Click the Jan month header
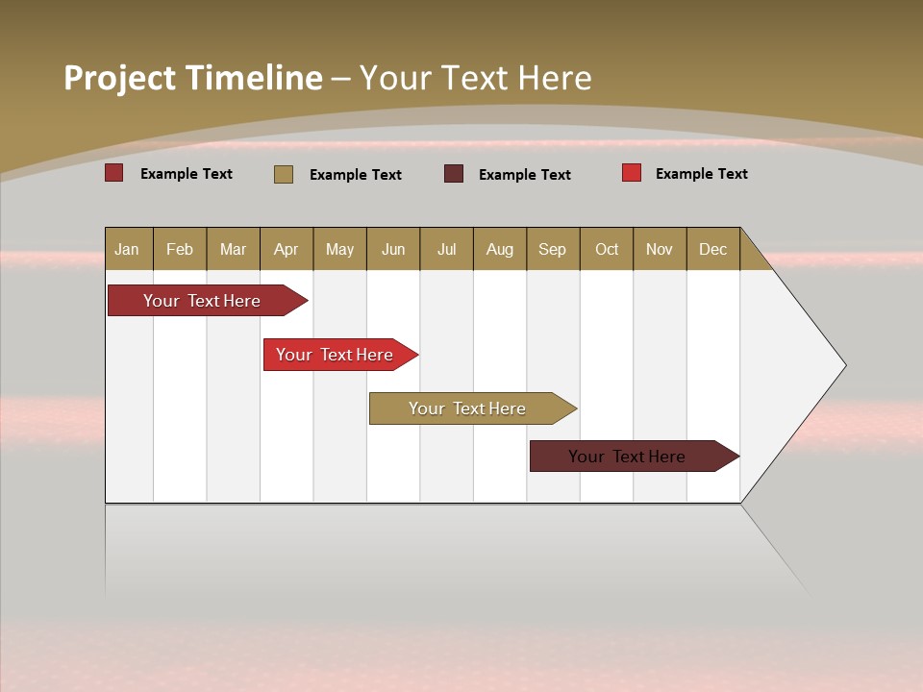[x=128, y=249]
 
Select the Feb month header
[x=180, y=249]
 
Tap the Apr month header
[x=287, y=249]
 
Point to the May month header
[x=339, y=249]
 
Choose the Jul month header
[x=446, y=249]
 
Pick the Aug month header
[x=500, y=249]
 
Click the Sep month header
[x=553, y=249]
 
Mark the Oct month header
[x=607, y=249]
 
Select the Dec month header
[x=713, y=249]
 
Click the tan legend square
[x=284, y=174]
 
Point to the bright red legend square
[x=632, y=173]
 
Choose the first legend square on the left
[x=114, y=173]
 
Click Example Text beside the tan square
[x=356, y=175]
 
